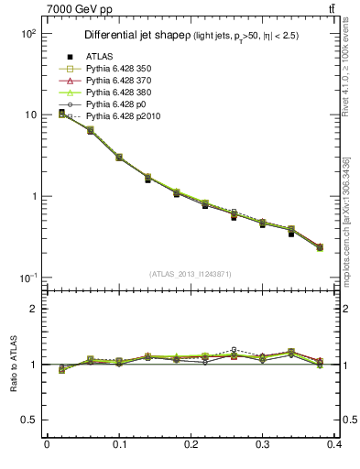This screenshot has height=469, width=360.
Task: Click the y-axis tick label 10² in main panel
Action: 28,33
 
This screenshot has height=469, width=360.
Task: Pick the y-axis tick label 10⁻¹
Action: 28,278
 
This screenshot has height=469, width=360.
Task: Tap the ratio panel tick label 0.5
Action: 30,420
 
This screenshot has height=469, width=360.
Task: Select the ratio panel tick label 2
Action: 35,309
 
